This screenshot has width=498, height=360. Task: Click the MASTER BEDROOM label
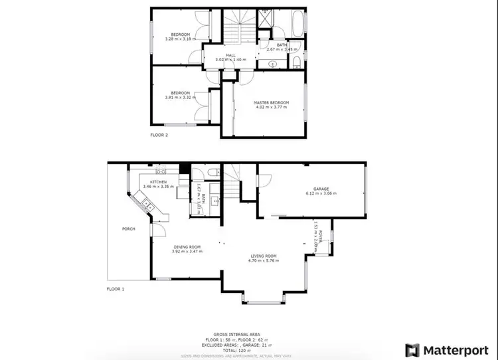coord(271,102)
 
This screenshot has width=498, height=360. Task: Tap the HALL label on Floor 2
coord(230,55)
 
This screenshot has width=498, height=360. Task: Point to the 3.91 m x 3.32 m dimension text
coord(179,98)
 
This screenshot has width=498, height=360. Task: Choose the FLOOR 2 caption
coord(159,134)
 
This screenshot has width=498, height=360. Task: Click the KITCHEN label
coord(158,181)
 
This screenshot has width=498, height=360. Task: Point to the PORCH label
coord(129,229)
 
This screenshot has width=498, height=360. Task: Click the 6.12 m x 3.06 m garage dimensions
coord(321,194)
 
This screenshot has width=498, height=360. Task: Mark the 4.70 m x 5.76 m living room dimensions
coord(264,261)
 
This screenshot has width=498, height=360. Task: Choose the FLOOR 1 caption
coord(116,289)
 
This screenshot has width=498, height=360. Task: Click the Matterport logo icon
coord(412,349)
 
